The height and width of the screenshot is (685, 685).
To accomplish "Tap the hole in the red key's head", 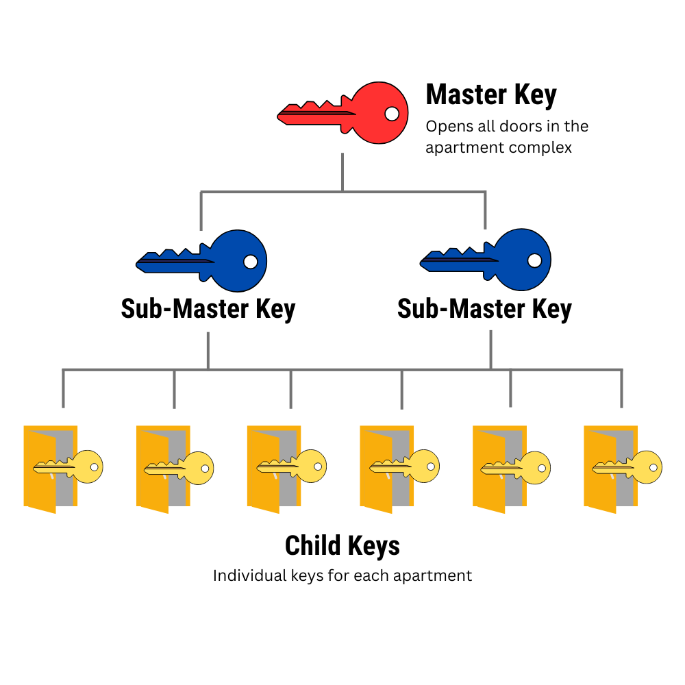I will pos(391,113).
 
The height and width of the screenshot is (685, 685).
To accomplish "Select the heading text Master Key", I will pos(491,95).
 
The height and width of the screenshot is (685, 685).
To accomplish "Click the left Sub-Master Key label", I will pos(208,309).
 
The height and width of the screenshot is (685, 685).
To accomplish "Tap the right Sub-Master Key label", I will pos(484,309).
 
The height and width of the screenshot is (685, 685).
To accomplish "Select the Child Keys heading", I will pos(342,546).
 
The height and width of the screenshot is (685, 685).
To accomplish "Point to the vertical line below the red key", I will pos(342,171).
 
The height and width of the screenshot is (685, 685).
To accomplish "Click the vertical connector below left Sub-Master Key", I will pos(208,351).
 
